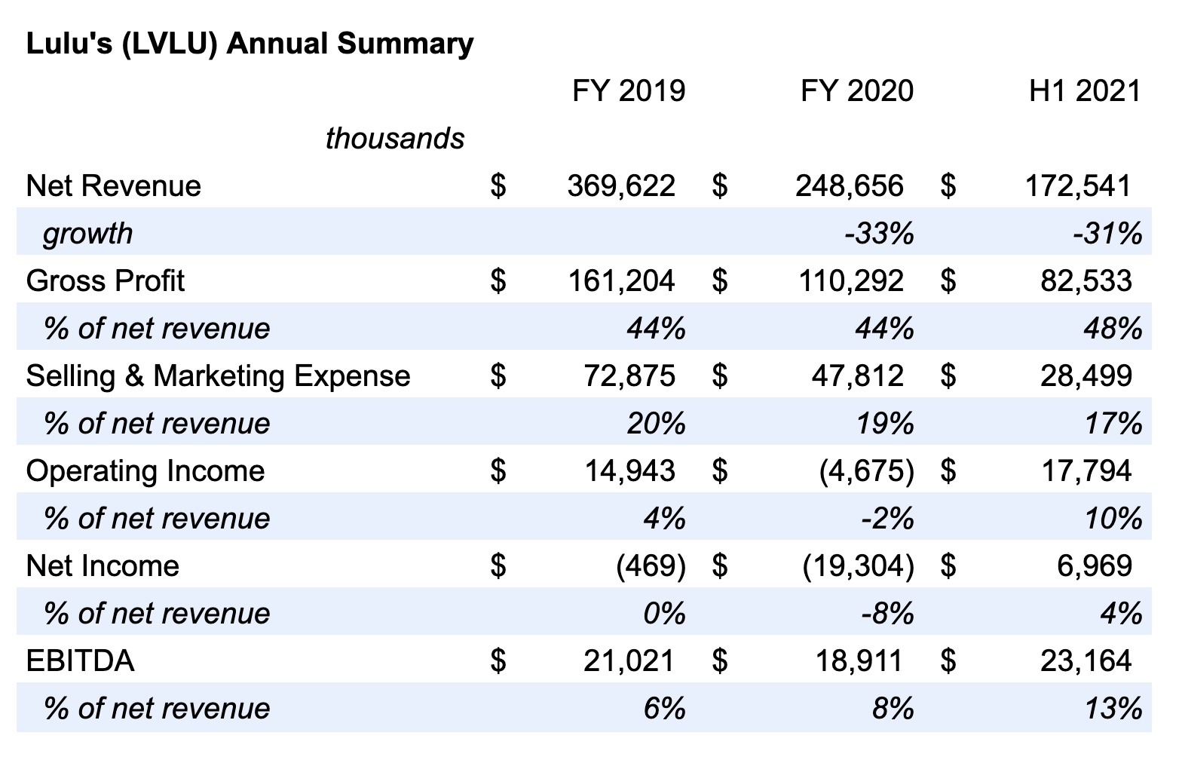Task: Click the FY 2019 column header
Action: [629, 90]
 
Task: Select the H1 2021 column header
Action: [1086, 90]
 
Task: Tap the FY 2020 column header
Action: [858, 90]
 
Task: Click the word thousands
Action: [395, 138]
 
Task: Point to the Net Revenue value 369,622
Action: [622, 185]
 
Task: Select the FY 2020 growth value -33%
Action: [880, 233]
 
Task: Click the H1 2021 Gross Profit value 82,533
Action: [1086, 280]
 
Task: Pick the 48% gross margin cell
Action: [1113, 328]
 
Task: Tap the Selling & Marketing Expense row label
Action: [218, 375]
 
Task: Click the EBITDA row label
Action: [80, 660]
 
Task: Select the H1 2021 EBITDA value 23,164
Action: [1086, 660]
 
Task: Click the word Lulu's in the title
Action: [69, 43]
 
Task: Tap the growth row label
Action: [87, 234]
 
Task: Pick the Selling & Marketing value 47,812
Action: [858, 375]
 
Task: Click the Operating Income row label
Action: [145, 472]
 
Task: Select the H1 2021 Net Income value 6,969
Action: [1095, 565]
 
